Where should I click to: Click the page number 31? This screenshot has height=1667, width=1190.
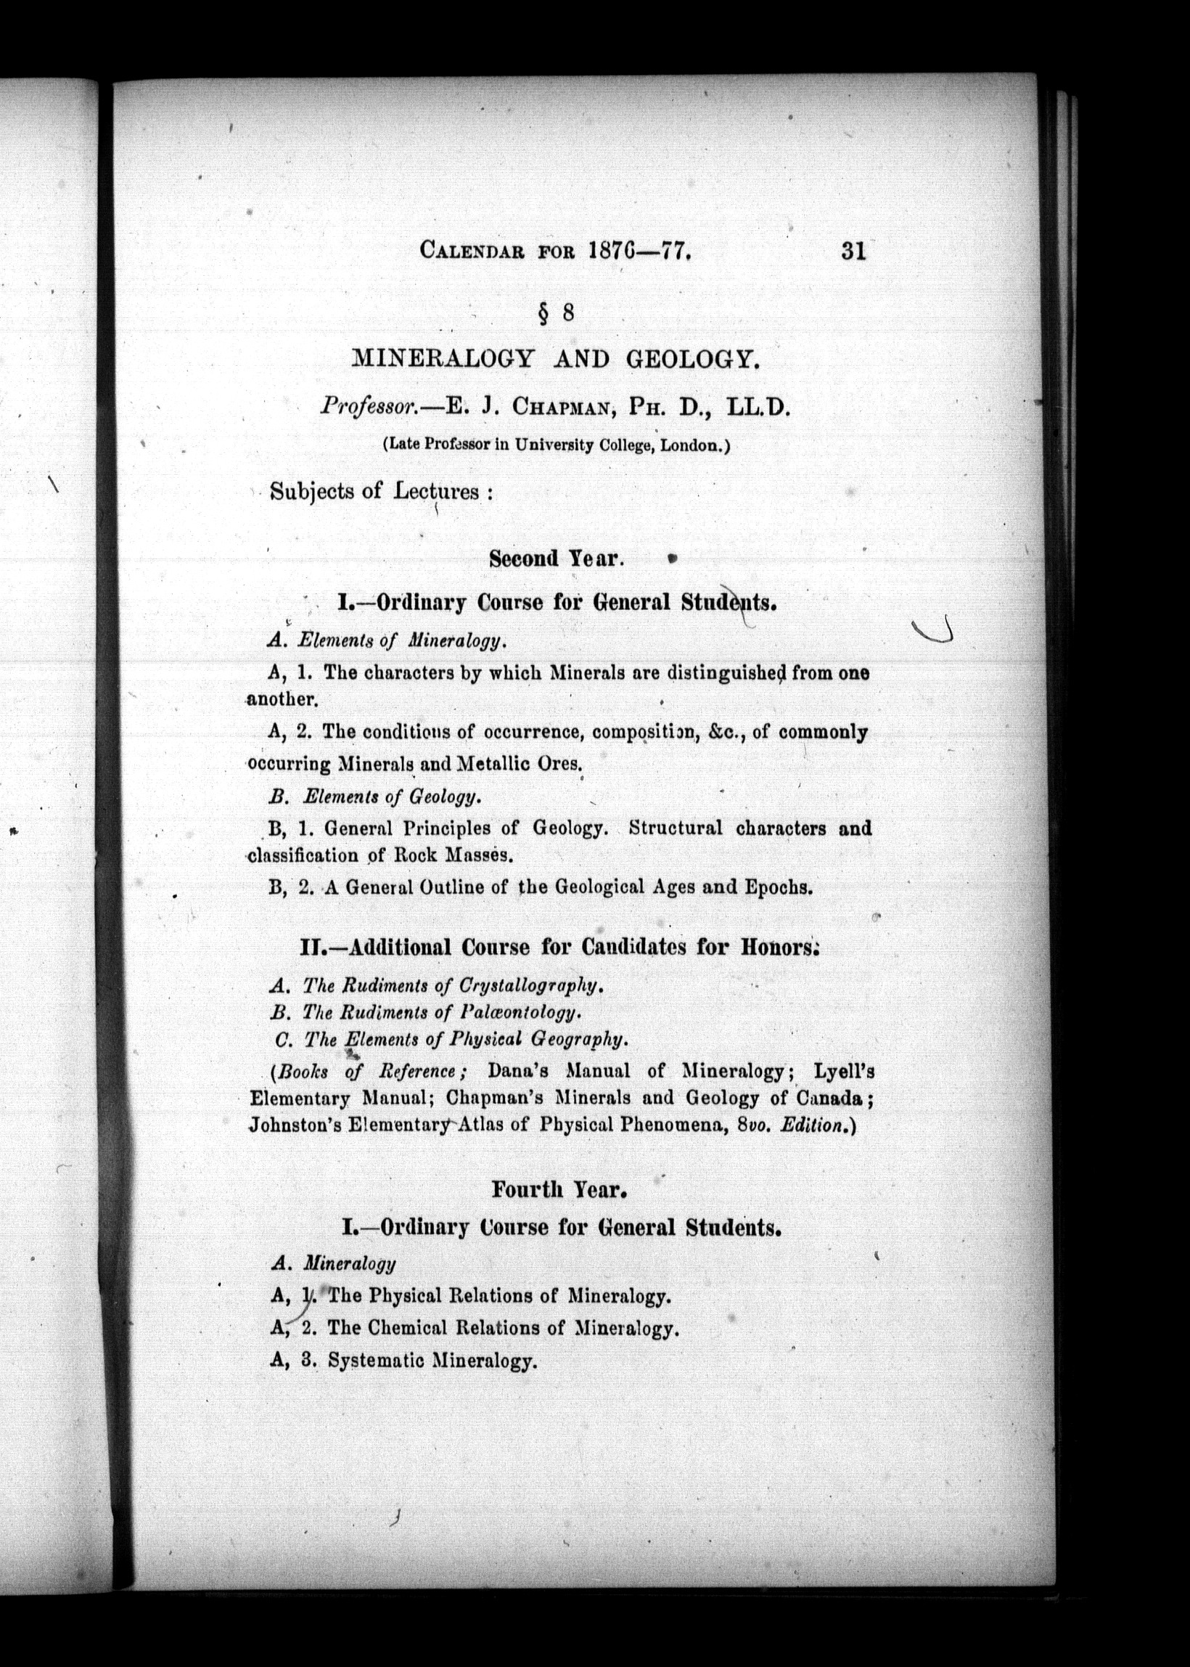click(x=853, y=251)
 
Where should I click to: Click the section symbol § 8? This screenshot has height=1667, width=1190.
click(x=555, y=313)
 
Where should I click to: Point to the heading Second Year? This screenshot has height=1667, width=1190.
click(x=555, y=559)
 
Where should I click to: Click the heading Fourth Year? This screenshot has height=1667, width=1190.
click(x=559, y=1189)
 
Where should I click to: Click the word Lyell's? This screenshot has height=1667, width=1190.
click(x=844, y=1071)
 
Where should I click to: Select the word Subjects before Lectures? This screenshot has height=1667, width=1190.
click(x=312, y=490)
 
